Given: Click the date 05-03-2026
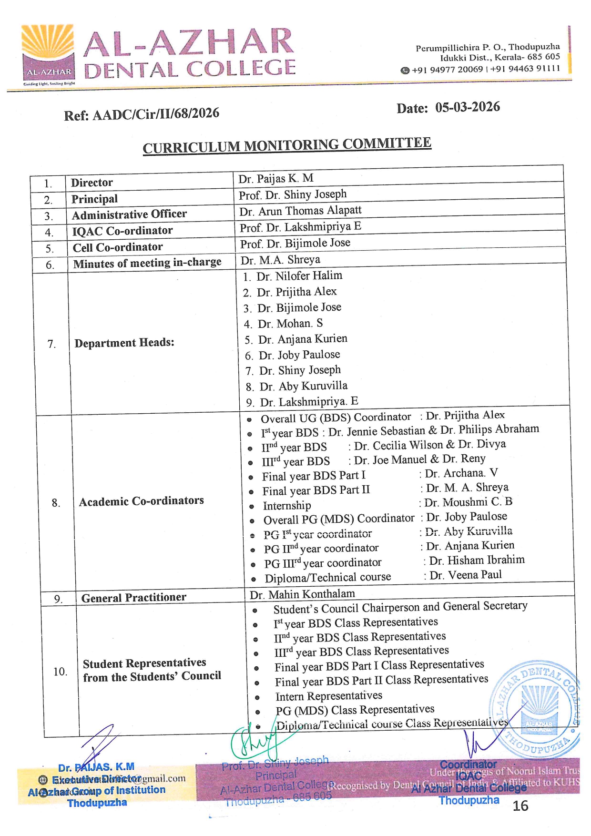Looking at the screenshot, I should point(467,107).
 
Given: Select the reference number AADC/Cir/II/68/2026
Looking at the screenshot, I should point(155,114).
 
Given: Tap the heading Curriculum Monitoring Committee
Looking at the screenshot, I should point(287,145).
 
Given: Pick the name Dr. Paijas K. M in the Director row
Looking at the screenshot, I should point(275,178).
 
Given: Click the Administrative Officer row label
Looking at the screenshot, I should point(129,214).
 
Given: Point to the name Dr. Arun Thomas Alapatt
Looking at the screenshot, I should point(300,211).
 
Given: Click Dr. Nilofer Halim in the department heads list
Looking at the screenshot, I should point(299,276).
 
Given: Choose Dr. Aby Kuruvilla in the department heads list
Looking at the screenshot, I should point(303,386).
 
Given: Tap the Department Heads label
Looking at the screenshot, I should point(124,343).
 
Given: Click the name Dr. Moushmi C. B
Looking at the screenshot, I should point(468,502).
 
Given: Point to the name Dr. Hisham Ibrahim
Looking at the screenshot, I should point(476,560).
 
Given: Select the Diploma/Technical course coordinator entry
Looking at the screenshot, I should point(327,578).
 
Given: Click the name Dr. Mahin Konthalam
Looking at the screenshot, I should point(302,594).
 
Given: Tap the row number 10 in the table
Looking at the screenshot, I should point(60,672).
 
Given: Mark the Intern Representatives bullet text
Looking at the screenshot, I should point(328,696).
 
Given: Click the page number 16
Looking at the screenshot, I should point(520,805).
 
